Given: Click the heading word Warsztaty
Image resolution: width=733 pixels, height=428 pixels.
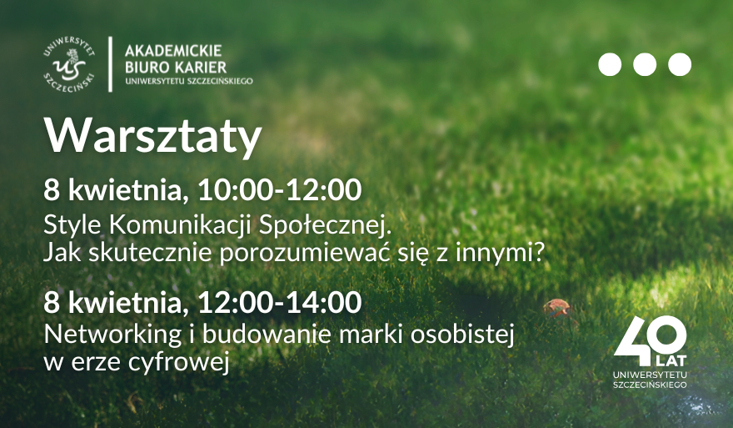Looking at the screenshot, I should tap(152, 137).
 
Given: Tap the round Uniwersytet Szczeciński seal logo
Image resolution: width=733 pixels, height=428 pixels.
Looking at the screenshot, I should tap(70, 65).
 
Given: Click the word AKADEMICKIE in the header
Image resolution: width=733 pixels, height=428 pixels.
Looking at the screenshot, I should tap(173, 50).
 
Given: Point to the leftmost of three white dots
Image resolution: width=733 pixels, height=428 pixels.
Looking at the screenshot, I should tap(610, 65).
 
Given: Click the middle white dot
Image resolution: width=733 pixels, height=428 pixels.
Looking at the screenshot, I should tap(645, 65).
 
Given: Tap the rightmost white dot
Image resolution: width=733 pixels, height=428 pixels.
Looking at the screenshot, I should tap(680, 65).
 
